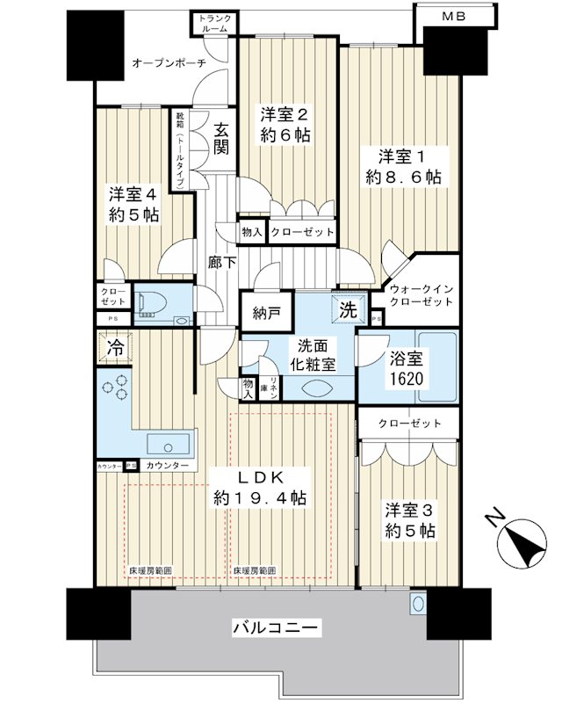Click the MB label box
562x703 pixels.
453,15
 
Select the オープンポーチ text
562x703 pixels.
169,63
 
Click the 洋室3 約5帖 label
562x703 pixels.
408,519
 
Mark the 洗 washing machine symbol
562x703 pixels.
347,309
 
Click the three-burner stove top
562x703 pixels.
114,390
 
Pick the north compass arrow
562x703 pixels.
520,542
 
